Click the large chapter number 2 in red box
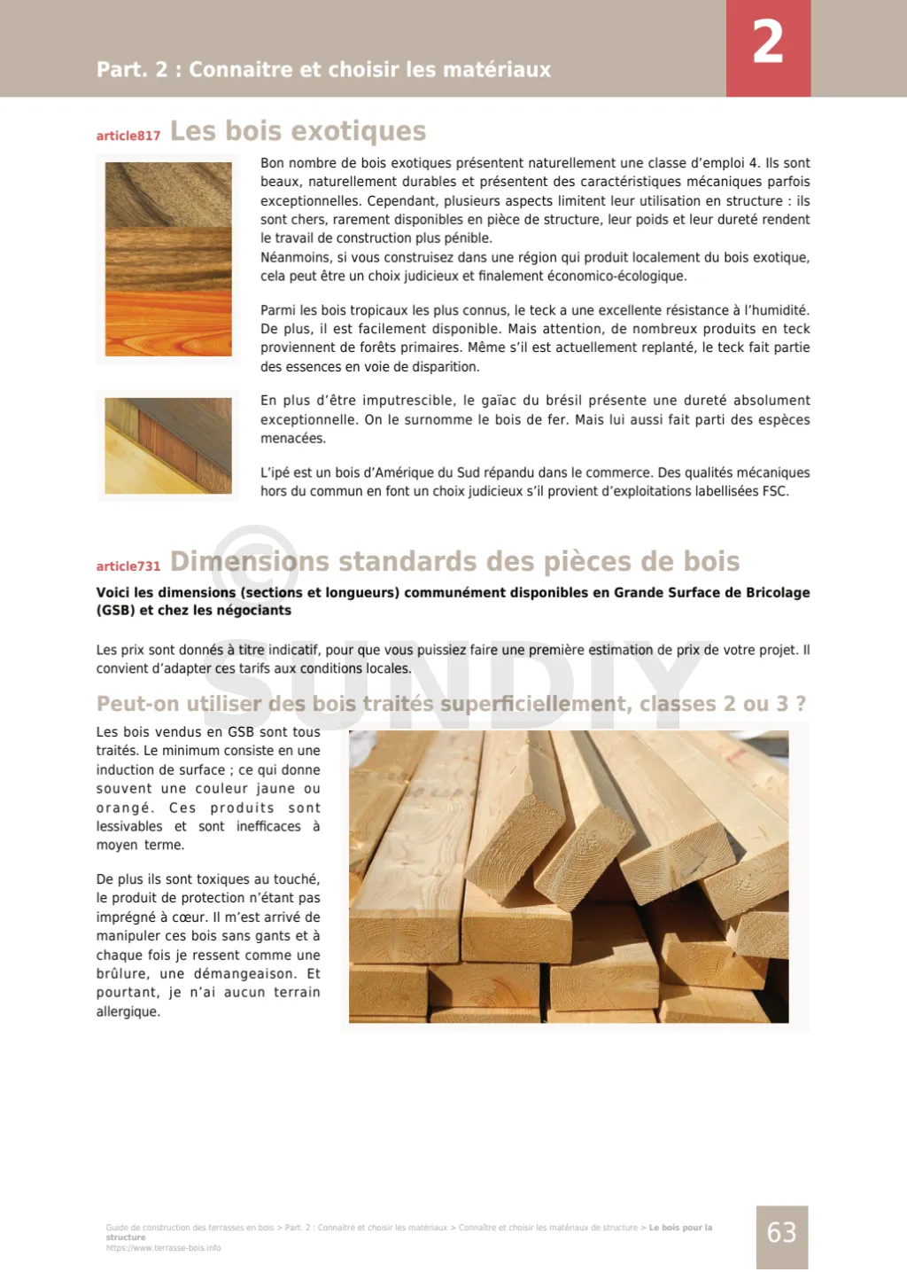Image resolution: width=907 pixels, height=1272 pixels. click(x=768, y=43)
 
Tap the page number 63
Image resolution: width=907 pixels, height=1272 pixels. click(x=781, y=1233)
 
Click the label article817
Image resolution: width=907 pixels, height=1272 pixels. click(x=128, y=136)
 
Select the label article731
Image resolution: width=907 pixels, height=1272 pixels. click(x=128, y=566)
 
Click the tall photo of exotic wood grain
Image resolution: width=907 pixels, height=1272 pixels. click(x=168, y=259)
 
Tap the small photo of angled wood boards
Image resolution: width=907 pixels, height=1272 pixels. click(x=168, y=446)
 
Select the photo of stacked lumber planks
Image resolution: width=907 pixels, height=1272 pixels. click(x=569, y=877)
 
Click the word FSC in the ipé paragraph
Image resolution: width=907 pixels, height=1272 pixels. click(x=774, y=491)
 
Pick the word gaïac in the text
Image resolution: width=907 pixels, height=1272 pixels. click(x=499, y=401)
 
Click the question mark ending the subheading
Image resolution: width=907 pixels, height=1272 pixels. click(x=801, y=704)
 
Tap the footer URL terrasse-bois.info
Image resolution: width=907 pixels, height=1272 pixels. click(x=164, y=1248)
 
